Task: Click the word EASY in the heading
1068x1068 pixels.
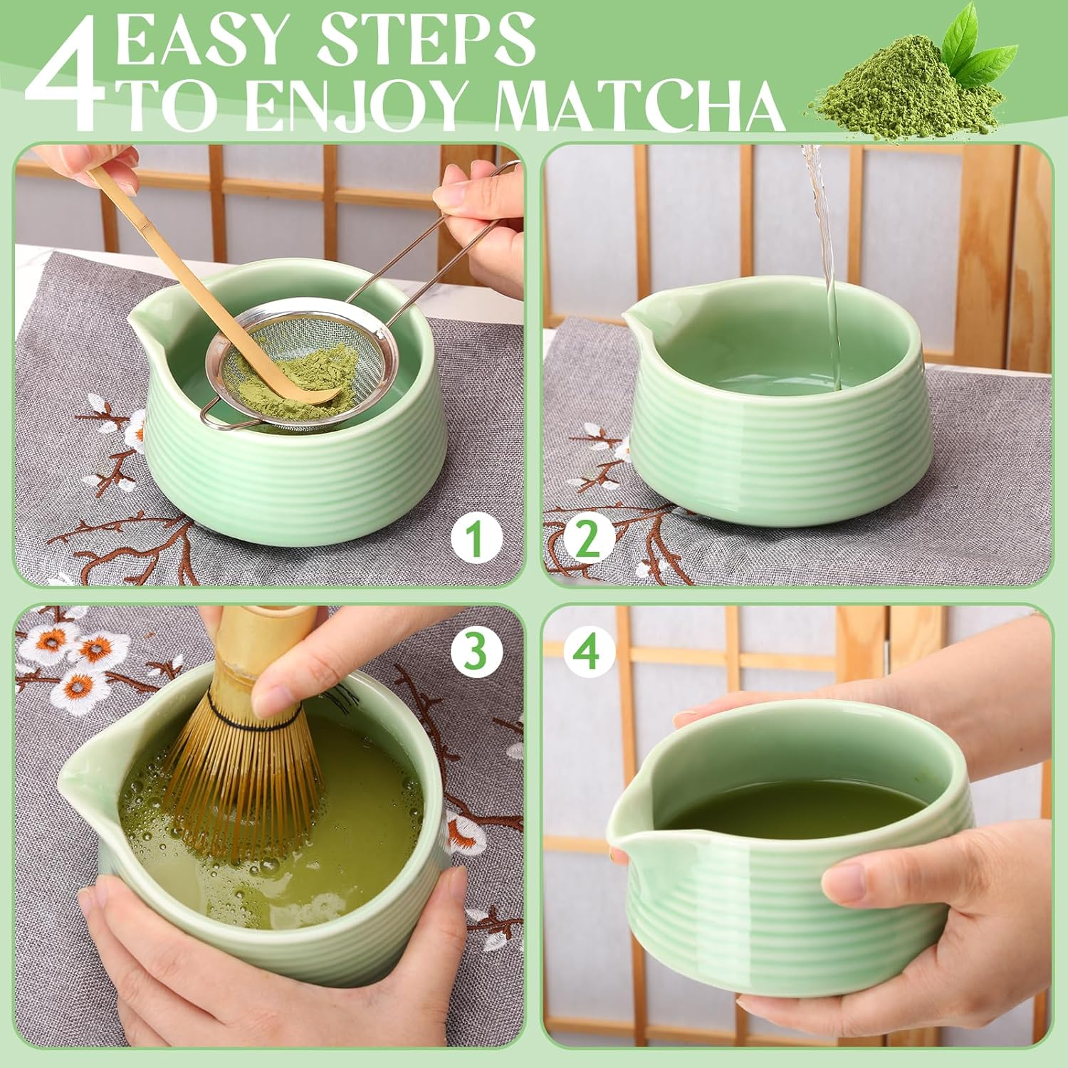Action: point(206,41)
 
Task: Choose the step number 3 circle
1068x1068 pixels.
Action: point(476,651)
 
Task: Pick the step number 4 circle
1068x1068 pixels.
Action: point(588,651)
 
